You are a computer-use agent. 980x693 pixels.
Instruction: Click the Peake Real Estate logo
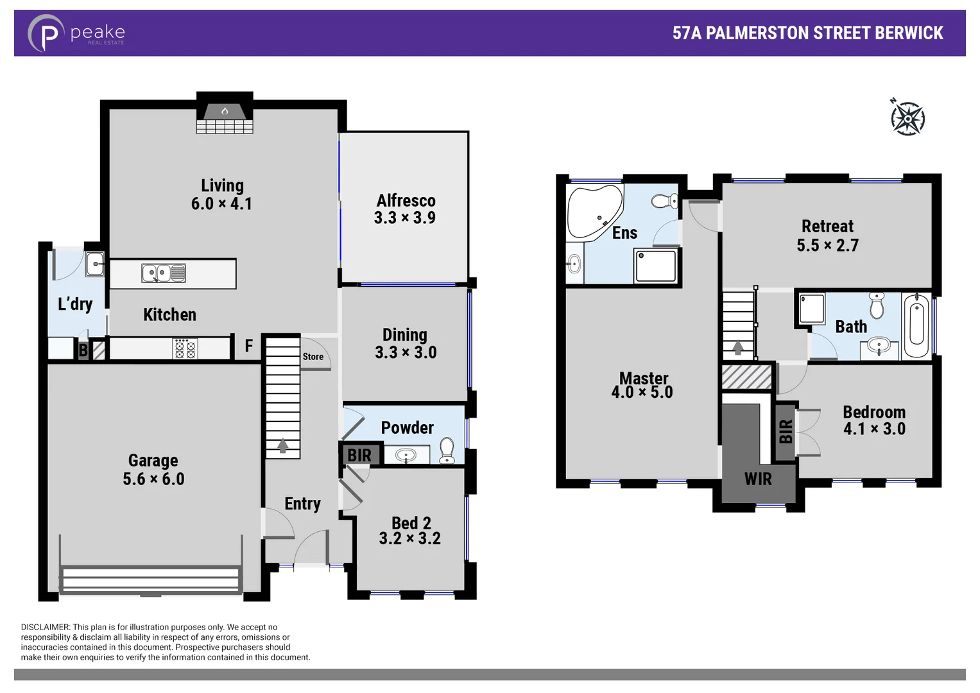tap(76, 33)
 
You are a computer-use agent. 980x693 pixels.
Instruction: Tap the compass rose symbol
tap(907, 118)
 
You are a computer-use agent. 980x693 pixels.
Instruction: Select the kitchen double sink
tap(164, 273)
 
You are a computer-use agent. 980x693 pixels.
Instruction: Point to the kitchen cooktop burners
tap(185, 349)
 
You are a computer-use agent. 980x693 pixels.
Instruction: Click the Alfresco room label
tap(406, 201)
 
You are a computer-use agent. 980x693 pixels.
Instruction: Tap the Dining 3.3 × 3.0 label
tap(405, 343)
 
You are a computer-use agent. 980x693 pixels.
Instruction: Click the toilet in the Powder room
tap(447, 449)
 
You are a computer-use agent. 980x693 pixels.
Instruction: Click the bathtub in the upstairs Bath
tap(916, 325)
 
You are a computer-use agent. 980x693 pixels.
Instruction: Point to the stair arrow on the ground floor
tap(282, 445)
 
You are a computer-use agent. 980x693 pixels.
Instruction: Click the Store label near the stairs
tap(313, 357)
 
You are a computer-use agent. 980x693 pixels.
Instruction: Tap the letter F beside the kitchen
tap(249, 346)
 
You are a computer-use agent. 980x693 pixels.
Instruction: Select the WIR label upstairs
tap(758, 479)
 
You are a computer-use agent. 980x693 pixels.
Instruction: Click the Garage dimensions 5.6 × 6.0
tap(153, 479)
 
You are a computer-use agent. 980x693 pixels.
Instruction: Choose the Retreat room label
tap(827, 227)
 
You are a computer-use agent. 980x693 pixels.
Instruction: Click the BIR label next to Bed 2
tap(359, 455)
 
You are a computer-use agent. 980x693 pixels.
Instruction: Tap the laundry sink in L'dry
tap(95, 263)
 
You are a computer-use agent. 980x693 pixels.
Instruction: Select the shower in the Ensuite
tap(655, 265)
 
